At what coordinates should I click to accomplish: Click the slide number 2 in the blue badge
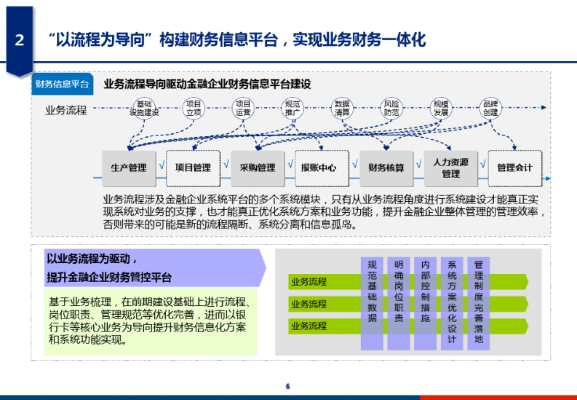(x=19, y=40)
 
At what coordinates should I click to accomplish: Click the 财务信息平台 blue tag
(x=62, y=84)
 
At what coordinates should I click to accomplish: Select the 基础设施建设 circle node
(x=144, y=108)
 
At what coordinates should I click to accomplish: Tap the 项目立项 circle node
(x=194, y=108)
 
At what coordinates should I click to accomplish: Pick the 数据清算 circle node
(x=342, y=108)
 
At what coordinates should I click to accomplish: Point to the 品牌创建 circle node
(x=490, y=108)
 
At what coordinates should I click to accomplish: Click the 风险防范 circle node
(x=392, y=108)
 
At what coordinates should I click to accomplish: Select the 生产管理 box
(x=129, y=168)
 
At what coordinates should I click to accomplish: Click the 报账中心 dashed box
(x=318, y=168)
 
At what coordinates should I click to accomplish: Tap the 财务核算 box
(x=386, y=168)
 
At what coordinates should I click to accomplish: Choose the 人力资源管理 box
(x=451, y=168)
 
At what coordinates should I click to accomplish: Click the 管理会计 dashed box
(x=514, y=168)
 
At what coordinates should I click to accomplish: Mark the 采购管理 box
(x=258, y=168)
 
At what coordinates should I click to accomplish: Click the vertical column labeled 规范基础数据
(x=372, y=303)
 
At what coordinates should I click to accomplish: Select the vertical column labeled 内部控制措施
(x=425, y=303)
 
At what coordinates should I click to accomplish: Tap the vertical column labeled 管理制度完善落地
(x=478, y=303)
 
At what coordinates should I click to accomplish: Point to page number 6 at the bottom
(x=288, y=387)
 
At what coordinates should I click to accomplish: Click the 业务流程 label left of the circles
(x=66, y=110)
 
